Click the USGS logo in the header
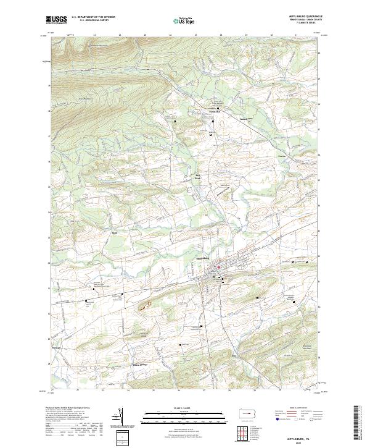(56, 20)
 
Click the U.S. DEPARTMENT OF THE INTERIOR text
(93, 17)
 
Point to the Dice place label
(234, 357)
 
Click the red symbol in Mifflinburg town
(218, 267)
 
